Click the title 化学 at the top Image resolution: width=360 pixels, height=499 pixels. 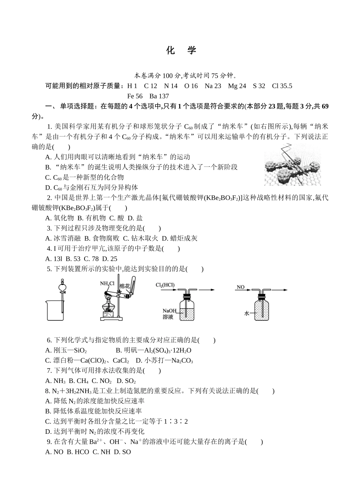click(x=181, y=51)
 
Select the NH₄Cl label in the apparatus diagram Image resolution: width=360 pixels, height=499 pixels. click(x=107, y=283)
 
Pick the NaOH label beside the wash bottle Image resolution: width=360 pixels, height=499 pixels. click(x=169, y=311)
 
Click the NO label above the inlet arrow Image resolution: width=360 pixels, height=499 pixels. click(x=240, y=287)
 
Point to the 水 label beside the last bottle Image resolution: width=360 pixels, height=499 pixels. click(x=247, y=313)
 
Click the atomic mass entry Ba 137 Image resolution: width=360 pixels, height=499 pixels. click(x=159, y=96)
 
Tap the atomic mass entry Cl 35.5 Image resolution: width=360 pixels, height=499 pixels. click(x=282, y=86)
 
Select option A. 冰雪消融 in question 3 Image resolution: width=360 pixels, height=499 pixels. click(x=63, y=238)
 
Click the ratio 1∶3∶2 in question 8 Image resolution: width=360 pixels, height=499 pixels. click(x=175, y=421)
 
